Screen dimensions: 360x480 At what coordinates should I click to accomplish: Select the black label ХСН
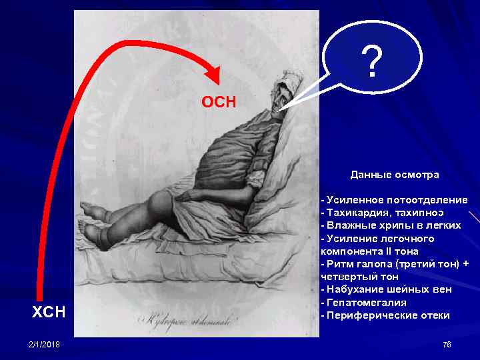pos(49,311)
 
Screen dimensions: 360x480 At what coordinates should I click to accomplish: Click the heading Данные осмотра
pos(395,175)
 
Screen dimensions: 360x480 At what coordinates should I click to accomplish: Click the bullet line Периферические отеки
pos(387,315)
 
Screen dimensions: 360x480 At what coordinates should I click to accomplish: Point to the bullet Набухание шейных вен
pos(388,289)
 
